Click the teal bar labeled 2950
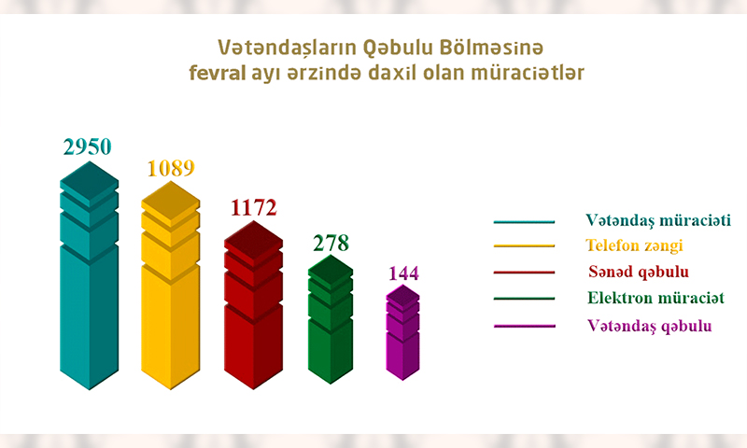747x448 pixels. pyautogui.click(x=89, y=275)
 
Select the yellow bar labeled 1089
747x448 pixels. pyautogui.click(x=171, y=286)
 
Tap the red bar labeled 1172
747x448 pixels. pyautogui.click(x=253, y=304)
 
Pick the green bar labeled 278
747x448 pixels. pyautogui.click(x=331, y=319)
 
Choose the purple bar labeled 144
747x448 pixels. pyautogui.click(x=402, y=332)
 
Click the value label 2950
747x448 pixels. pyautogui.click(x=87, y=147)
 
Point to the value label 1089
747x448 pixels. pyautogui.click(x=171, y=169)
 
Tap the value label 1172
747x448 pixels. pyautogui.click(x=253, y=207)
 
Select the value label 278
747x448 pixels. pyautogui.click(x=331, y=243)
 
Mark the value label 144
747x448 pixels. pyautogui.click(x=403, y=273)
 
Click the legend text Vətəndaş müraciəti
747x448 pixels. pyautogui.click(x=658, y=220)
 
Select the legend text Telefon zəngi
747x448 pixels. pyautogui.click(x=634, y=245)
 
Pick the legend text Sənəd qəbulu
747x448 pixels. pyautogui.click(x=639, y=272)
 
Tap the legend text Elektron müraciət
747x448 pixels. pyautogui.click(x=655, y=298)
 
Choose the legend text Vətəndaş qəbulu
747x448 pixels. pyautogui.click(x=649, y=326)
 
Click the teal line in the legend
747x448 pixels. pyautogui.click(x=524, y=222)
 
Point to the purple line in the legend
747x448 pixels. pyautogui.click(x=525, y=326)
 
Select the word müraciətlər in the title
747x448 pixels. pyautogui.click(x=528, y=73)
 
